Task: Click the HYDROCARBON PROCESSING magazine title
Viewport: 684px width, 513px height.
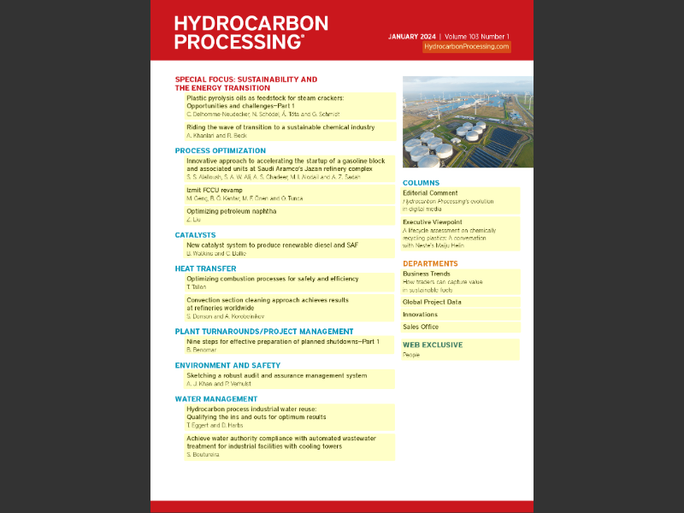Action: pyautogui.click(x=251, y=33)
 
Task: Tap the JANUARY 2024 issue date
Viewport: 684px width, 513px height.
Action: pyautogui.click(x=411, y=37)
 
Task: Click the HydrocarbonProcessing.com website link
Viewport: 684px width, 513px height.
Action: pyautogui.click(x=467, y=48)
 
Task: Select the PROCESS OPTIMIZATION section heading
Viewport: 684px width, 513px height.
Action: pyautogui.click(x=220, y=150)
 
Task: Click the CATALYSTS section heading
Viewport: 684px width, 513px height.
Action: pyautogui.click(x=195, y=234)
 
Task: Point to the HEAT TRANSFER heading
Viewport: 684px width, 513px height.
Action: pyautogui.click(x=205, y=268)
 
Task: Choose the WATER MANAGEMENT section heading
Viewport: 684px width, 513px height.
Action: pyautogui.click(x=215, y=398)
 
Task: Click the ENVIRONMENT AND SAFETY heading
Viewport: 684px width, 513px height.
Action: pyautogui.click(x=227, y=365)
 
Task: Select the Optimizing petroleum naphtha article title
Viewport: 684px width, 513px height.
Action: pyautogui.click(x=231, y=211)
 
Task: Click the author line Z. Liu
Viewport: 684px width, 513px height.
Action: pyautogui.click(x=193, y=220)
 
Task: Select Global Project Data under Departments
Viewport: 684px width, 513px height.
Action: pyautogui.click(x=432, y=302)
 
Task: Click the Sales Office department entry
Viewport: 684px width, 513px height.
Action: pyautogui.click(x=421, y=327)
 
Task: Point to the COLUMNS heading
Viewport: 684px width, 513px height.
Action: pyautogui.click(x=421, y=183)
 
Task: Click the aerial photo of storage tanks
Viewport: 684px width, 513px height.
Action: pyautogui.click(x=468, y=122)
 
